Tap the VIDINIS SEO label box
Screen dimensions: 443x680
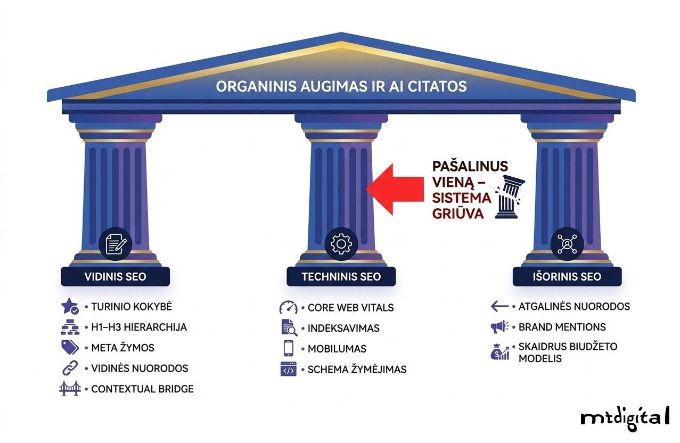pos(115,277)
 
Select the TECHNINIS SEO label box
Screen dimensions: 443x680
pos(341,277)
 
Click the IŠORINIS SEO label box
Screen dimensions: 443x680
pos(567,277)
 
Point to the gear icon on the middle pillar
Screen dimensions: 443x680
pos(341,244)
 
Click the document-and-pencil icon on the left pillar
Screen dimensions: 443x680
pos(116,244)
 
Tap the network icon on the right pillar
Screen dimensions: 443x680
pos(567,244)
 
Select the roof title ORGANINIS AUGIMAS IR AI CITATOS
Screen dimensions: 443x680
pos(341,86)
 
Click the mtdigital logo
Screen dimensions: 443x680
pos(624,416)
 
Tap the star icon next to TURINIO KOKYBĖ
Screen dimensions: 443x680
pos(70,307)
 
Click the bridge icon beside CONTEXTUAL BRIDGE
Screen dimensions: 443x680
pos(70,389)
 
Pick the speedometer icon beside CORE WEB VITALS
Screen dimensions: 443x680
pos(288,308)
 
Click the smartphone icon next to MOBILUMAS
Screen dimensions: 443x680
pos(288,348)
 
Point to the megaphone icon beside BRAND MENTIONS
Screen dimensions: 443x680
pos(500,326)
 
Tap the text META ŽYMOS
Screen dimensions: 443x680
pos(122,348)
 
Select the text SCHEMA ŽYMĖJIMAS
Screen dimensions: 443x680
pos(357,369)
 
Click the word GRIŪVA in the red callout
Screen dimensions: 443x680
pos(458,214)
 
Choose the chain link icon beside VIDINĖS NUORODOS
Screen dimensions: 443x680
pos(70,368)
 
